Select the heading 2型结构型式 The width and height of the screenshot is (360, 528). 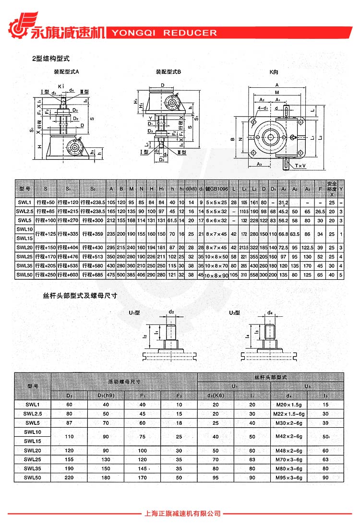tap(51, 59)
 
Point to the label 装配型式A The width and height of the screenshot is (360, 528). tap(66, 72)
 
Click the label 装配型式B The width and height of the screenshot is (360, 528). tap(168, 72)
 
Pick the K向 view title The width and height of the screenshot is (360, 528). tap(274, 72)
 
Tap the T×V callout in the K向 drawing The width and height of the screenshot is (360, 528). tap(301, 166)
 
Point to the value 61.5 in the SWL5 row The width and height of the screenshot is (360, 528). tap(173, 220)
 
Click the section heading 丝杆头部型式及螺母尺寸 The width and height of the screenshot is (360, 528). tap(80, 296)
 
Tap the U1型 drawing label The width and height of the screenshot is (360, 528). tap(134, 312)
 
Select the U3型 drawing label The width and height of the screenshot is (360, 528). tap(234, 312)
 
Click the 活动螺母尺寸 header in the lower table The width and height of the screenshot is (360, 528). tap(124, 382)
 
